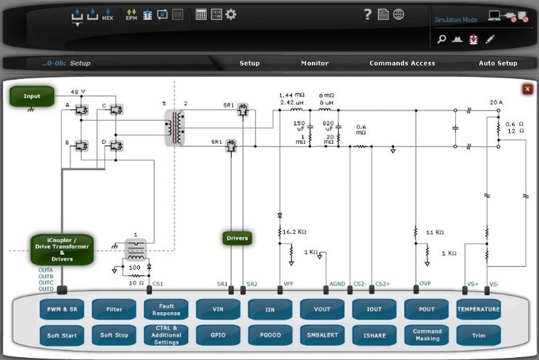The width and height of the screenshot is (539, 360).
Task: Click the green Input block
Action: pos(32,96)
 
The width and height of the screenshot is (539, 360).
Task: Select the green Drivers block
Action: pos(237,238)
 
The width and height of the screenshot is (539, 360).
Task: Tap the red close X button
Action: pos(527,89)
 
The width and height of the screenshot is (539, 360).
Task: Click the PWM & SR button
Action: pos(62,310)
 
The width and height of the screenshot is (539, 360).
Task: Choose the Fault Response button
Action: pos(166,310)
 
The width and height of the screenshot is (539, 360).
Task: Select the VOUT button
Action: pos(322,310)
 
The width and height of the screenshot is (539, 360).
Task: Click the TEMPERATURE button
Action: pos(479,310)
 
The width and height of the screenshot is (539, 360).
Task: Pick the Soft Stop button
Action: pos(114,335)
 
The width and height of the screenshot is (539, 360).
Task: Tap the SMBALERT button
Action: pos(322,335)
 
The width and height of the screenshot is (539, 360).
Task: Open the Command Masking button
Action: pos(427,335)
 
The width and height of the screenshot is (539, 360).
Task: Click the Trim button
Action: pos(479,335)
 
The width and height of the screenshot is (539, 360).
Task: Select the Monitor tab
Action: pos(315,63)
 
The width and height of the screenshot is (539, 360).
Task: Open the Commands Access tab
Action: pos(402,63)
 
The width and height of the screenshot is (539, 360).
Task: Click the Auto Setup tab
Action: pos(497,63)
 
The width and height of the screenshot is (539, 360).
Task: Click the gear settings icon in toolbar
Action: pos(231,14)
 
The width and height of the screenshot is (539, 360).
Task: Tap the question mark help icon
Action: pos(368,15)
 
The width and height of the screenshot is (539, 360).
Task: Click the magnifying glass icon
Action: pos(441,39)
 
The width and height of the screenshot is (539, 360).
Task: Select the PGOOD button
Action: pos(270,335)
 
